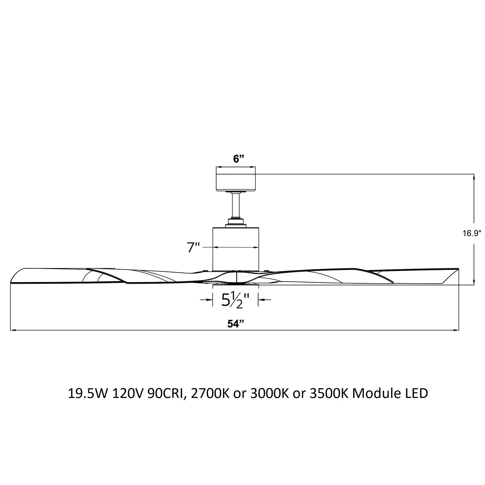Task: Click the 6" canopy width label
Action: (238, 159)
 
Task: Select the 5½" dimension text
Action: (235, 300)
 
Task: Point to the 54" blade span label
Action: (236, 324)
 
